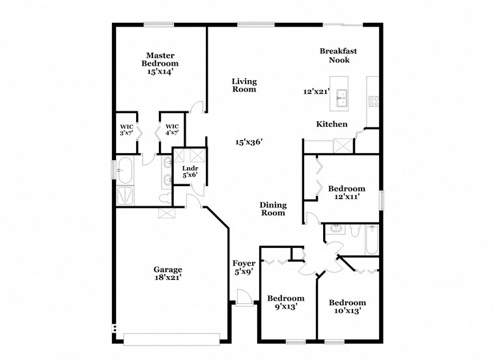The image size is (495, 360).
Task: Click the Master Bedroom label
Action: pos(160,64)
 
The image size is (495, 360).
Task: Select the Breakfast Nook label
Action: pos(339,55)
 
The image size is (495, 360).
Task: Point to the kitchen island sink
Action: pos(341,98)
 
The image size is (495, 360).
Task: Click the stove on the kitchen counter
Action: pos(374,100)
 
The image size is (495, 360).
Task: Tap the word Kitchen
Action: pos(332,124)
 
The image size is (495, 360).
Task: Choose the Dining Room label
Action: pos(273,208)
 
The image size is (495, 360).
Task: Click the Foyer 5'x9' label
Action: pos(244,268)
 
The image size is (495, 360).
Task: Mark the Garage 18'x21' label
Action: pos(167,273)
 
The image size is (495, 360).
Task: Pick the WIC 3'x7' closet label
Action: pos(126,130)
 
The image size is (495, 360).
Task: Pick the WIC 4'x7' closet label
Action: pos(172,130)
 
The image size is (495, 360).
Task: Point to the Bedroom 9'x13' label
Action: pos(285,303)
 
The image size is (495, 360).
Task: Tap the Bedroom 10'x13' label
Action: pos(346,307)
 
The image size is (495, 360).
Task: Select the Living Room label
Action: pos(244,85)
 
